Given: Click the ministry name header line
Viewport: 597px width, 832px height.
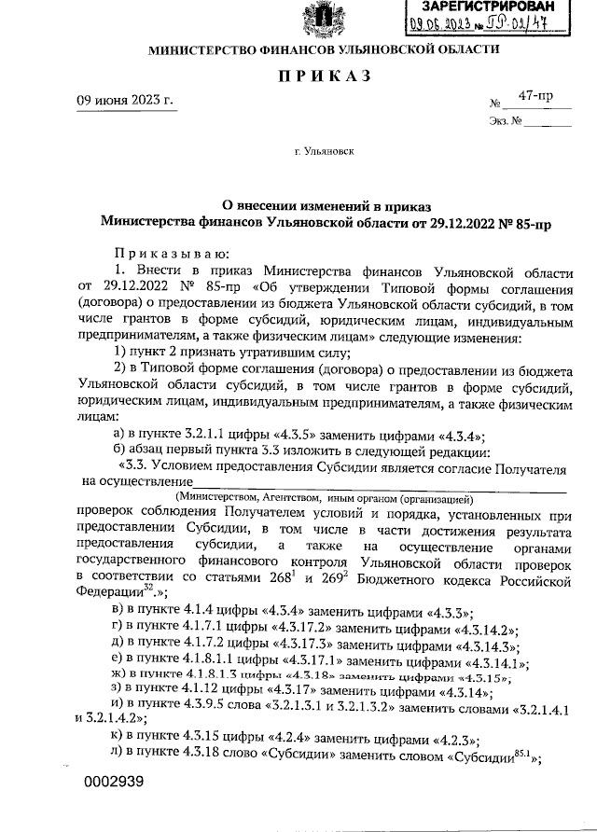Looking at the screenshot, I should pyautogui.click(x=318, y=48).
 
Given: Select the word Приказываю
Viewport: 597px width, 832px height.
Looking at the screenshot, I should pyautogui.click(x=165, y=254).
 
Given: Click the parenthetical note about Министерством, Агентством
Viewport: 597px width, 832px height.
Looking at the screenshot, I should pyautogui.click(x=327, y=499).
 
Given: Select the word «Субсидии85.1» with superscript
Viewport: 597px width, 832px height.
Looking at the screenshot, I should pyautogui.click(x=493, y=756).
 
